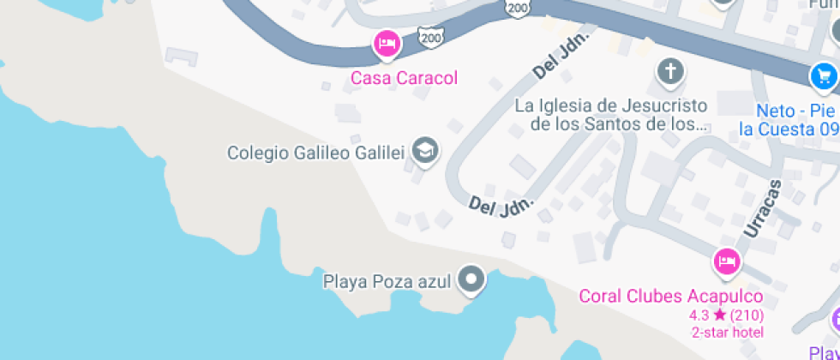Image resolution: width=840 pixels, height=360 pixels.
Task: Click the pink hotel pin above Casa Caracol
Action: click(387, 44)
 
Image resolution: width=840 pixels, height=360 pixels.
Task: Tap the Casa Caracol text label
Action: click(404, 78)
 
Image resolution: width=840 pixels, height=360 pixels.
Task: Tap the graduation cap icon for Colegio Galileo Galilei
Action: click(424, 152)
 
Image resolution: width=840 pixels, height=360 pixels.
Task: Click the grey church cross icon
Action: click(670, 72)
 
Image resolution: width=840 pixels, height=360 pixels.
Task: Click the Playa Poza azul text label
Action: click(387, 280)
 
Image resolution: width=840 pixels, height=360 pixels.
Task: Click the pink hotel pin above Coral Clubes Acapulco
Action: click(727, 261)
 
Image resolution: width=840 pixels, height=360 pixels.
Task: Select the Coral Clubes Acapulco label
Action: click(671, 297)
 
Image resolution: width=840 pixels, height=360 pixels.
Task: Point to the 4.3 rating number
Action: click(699, 315)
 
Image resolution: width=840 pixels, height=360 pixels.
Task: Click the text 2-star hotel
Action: click(727, 332)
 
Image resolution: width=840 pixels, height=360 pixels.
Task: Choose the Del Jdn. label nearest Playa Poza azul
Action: click(501, 206)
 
